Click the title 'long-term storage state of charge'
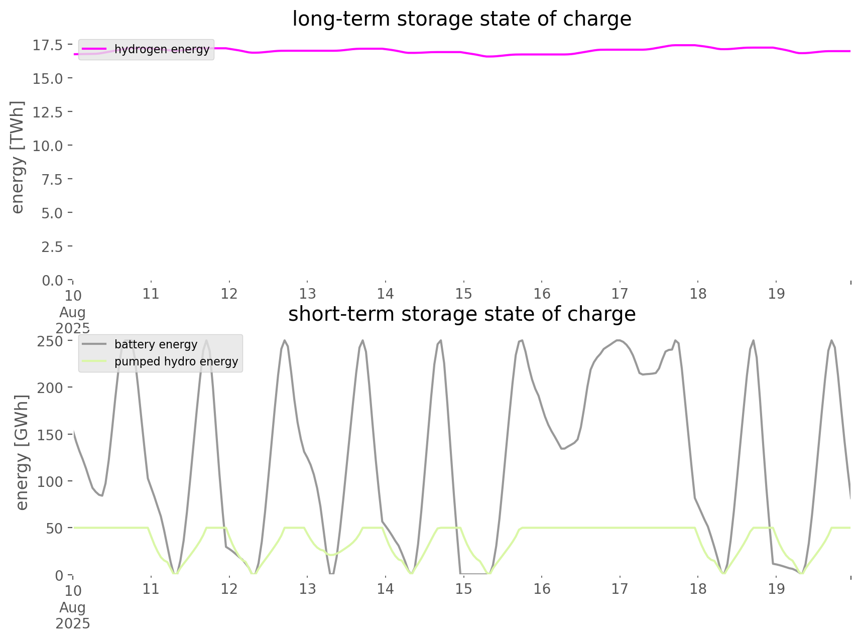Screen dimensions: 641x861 point(461,19)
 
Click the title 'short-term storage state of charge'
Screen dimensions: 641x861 point(461,314)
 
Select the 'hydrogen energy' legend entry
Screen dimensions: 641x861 point(162,49)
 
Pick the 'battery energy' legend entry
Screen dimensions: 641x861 point(156,344)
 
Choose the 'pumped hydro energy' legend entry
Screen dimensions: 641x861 point(176,361)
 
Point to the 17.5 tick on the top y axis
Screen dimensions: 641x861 point(48,45)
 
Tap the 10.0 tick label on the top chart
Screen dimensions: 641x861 point(48,146)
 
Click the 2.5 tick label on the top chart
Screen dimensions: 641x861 point(52,246)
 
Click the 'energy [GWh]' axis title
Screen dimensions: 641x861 point(22,452)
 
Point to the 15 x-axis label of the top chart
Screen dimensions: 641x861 point(463,294)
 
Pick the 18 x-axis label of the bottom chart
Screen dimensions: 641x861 point(698,589)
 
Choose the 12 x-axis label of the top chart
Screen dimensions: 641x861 point(229,294)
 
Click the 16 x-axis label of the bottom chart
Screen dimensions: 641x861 point(542,589)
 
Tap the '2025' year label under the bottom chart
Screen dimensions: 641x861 point(73,623)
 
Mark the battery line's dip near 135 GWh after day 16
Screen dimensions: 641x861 point(563,448)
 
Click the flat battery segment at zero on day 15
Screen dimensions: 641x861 point(474,573)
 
